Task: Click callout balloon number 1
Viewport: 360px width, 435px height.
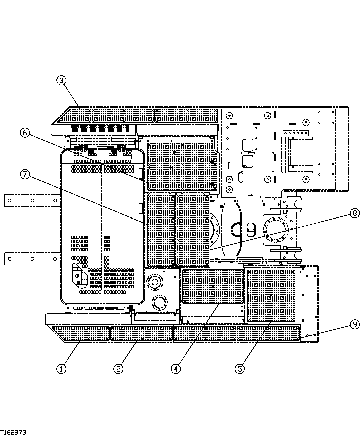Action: pyautogui.click(x=61, y=369)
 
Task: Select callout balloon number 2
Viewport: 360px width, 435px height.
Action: pyautogui.click(x=118, y=369)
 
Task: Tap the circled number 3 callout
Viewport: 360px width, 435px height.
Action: pyautogui.click(x=61, y=80)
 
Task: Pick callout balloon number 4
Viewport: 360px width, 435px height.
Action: pyautogui.click(x=176, y=369)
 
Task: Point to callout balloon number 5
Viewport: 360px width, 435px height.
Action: pyautogui.click(x=239, y=369)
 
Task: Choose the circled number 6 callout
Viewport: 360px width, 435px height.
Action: pyautogui.click(x=25, y=132)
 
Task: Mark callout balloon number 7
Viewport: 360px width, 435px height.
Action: pyautogui.click(x=25, y=174)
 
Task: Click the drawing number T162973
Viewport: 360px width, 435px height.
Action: pyautogui.click(x=13, y=432)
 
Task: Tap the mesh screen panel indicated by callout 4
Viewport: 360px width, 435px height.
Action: pyautogui.click(x=213, y=286)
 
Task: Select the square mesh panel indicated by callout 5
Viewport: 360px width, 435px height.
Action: pyautogui.click(x=271, y=296)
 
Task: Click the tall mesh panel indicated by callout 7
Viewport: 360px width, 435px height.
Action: pyautogui.click(x=161, y=230)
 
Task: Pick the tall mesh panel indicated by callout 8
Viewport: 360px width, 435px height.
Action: pyautogui.click(x=193, y=230)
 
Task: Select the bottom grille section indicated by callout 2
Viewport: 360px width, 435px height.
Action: pyautogui.click(x=141, y=334)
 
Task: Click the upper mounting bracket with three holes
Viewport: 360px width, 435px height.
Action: pyautogui.click(x=32, y=201)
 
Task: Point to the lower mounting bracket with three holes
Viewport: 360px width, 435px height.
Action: pyautogui.click(x=32, y=259)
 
